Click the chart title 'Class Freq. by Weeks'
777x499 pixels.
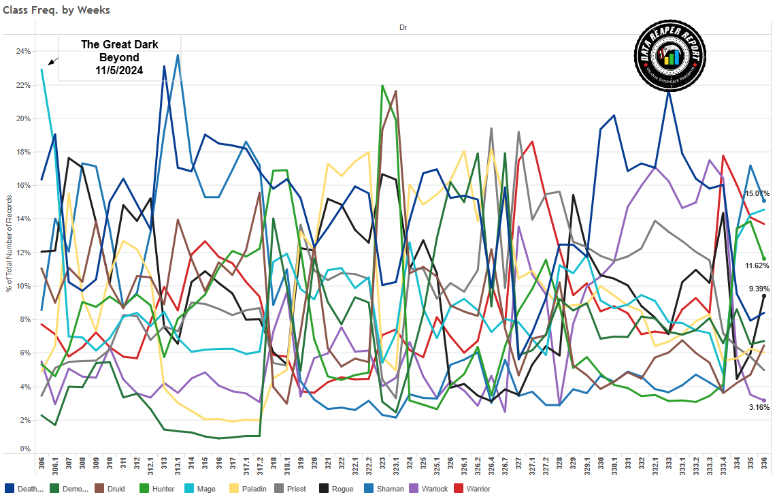click(x=56, y=10)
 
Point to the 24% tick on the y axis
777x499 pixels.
click(x=23, y=52)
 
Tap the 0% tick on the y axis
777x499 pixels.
click(x=24, y=449)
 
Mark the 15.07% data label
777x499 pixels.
click(x=756, y=194)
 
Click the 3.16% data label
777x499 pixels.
click(x=758, y=407)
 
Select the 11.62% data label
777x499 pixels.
click(x=756, y=265)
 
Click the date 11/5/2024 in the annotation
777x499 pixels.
click(x=119, y=70)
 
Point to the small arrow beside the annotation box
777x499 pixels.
click(x=54, y=61)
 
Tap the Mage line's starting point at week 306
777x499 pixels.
click(x=42, y=69)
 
